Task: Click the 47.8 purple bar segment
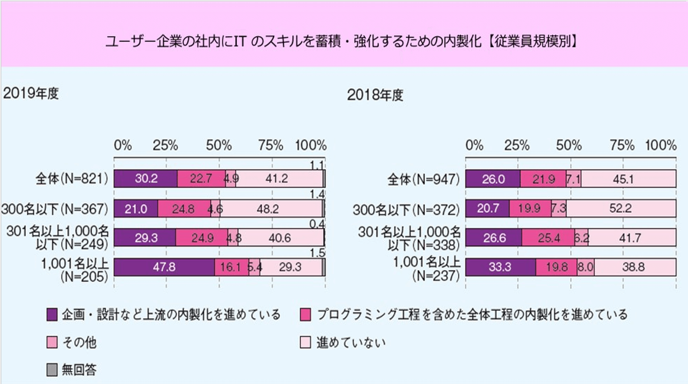pyautogui.click(x=164, y=267)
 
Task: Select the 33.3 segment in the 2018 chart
pyautogui.click(x=500, y=267)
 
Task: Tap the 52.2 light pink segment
pyautogui.click(x=621, y=208)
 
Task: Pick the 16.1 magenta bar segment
pyautogui.click(x=231, y=267)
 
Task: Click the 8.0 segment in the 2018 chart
pyautogui.click(x=585, y=267)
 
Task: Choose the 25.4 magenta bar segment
pyautogui.click(x=548, y=238)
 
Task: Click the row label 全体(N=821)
pyautogui.click(x=71, y=179)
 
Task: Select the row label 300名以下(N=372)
pyautogui.click(x=406, y=209)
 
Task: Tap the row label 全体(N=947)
pyautogui.click(x=423, y=180)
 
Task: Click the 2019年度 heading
pyautogui.click(x=31, y=93)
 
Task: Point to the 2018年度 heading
pyautogui.click(x=375, y=95)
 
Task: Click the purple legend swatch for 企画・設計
pyautogui.click(x=52, y=315)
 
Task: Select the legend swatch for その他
pyautogui.click(x=52, y=342)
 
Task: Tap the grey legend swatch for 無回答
pyautogui.click(x=52, y=370)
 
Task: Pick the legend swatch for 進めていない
pyautogui.click(x=305, y=342)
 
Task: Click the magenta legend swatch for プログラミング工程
pyautogui.click(x=305, y=315)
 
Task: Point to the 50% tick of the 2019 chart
pyautogui.click(x=219, y=146)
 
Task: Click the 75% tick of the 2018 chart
pyautogui.click(x=622, y=145)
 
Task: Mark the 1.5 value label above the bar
pyautogui.click(x=317, y=253)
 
